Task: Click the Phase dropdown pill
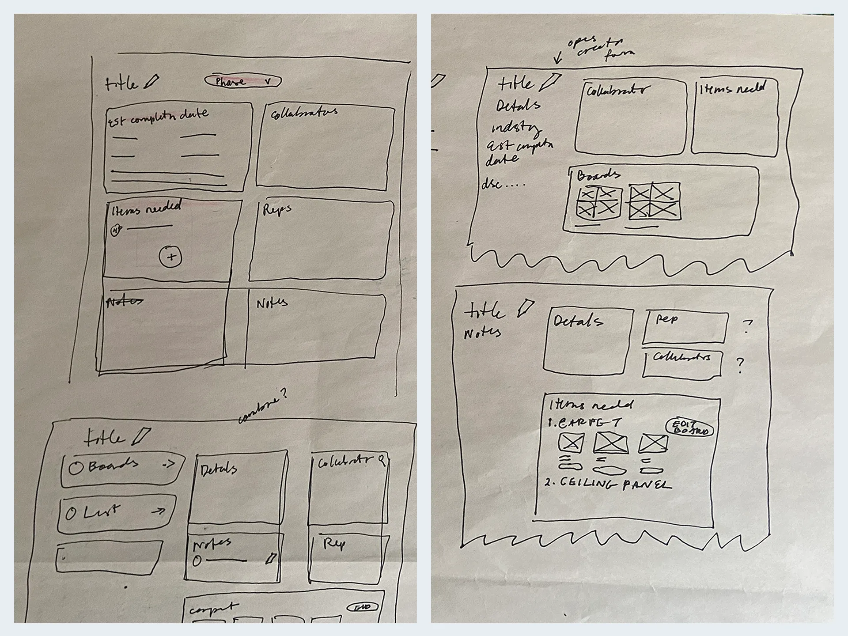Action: click(242, 81)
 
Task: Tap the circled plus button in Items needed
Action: click(170, 257)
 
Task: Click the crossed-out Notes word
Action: click(125, 302)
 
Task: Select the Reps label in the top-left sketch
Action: click(277, 209)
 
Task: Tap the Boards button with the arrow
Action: click(122, 468)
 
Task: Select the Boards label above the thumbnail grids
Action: click(598, 175)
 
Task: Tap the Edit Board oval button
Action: click(689, 428)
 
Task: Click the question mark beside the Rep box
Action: click(747, 326)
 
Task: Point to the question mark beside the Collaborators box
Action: click(741, 365)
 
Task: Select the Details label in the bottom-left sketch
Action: click(219, 469)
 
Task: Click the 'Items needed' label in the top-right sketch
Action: click(732, 89)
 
